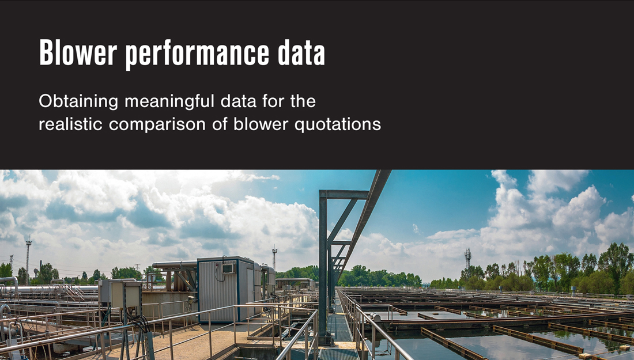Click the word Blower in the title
point(76,54)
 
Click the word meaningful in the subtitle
point(168,103)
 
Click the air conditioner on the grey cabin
point(228,268)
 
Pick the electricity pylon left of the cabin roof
point(137,267)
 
